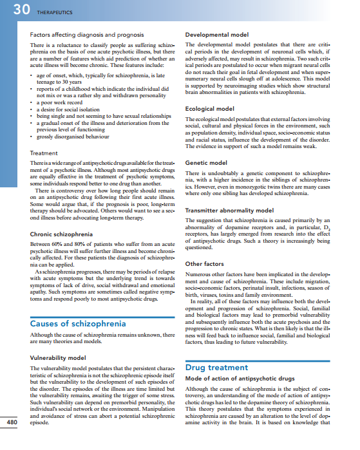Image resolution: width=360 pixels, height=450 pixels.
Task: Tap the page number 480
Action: (12, 422)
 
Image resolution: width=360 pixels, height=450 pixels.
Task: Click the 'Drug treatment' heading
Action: (216, 368)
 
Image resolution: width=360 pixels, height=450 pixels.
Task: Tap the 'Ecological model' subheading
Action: (209, 109)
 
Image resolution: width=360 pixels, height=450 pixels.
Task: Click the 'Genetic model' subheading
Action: (205, 164)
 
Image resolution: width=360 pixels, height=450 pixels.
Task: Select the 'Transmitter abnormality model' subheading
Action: (229, 210)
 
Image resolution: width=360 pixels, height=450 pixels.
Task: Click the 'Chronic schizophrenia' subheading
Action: (62, 234)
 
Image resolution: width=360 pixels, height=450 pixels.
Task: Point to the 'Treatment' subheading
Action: (44, 153)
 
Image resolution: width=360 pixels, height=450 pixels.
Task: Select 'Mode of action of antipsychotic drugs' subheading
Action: (240, 379)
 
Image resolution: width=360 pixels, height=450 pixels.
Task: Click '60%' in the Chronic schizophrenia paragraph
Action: (61, 245)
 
